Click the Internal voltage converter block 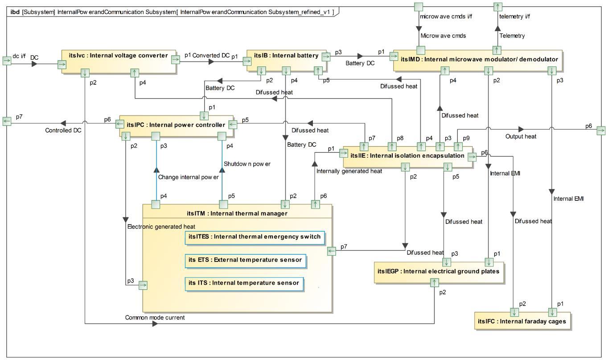[118, 57]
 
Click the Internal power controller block [176, 125]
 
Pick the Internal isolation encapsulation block [407, 156]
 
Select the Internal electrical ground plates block [438, 271]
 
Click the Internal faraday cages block [522, 321]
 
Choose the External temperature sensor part [245, 260]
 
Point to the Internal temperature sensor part [244, 283]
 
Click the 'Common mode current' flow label [155, 318]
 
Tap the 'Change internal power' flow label [189, 177]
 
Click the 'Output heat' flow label [521, 136]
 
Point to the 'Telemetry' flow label [512, 36]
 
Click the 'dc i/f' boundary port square [7, 61]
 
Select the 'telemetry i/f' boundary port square [497, 7]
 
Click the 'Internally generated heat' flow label [349, 171]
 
